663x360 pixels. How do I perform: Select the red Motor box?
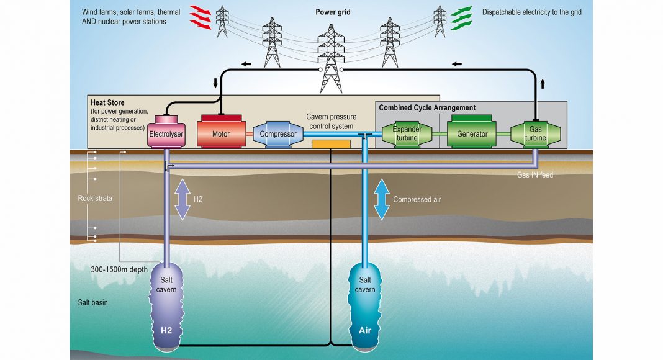220,133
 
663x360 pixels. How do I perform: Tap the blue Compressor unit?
278,134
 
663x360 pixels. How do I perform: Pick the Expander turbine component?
407,133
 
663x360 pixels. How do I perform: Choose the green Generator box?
472,133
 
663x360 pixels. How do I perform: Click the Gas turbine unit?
534,133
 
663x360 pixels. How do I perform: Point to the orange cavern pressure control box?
330,144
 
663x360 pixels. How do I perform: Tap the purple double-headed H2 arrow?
182,199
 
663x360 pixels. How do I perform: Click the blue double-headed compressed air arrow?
381,199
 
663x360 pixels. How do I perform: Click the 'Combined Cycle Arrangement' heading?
427,108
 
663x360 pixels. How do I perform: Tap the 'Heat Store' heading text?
107,102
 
